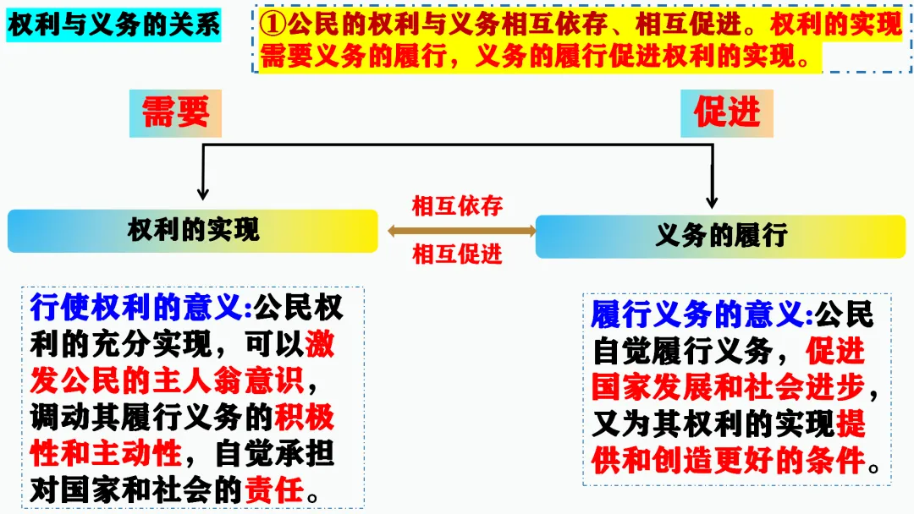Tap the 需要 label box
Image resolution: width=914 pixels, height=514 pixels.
(x=175, y=113)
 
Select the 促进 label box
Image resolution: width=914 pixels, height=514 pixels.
(x=727, y=113)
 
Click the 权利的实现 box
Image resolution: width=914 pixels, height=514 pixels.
(x=193, y=230)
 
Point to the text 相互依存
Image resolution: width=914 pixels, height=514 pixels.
(x=457, y=206)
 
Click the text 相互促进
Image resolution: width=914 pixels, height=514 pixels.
(x=457, y=254)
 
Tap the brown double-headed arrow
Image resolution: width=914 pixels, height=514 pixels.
(x=461, y=230)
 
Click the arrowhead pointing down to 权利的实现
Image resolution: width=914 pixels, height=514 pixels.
(x=201, y=192)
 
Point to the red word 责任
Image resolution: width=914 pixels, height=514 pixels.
(x=273, y=489)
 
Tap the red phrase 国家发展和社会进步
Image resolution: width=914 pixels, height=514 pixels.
(x=729, y=387)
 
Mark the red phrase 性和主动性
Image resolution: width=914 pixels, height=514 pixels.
(x=106, y=454)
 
